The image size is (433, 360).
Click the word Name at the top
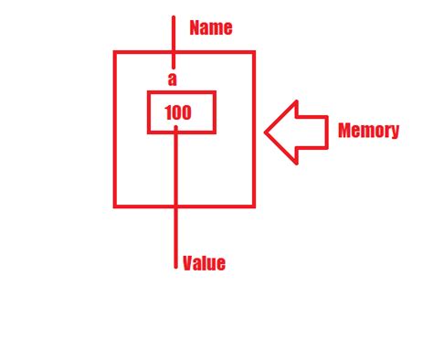(x=210, y=28)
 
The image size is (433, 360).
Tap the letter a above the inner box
(x=172, y=79)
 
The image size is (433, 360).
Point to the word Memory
(x=368, y=131)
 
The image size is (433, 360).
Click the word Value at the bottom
(x=203, y=264)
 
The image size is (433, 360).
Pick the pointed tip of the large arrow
(x=267, y=131)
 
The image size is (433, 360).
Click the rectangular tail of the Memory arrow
(x=311, y=131)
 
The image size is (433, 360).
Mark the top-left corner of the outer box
(x=115, y=52)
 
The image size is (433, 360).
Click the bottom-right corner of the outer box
(x=253, y=206)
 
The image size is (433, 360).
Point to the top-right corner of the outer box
(x=253, y=52)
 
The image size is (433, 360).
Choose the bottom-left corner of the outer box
(x=115, y=206)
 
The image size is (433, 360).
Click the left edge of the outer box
(x=115, y=129)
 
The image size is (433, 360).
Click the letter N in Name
(x=195, y=28)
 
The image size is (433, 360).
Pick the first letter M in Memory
(x=344, y=131)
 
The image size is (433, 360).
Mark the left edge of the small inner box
(x=149, y=111)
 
